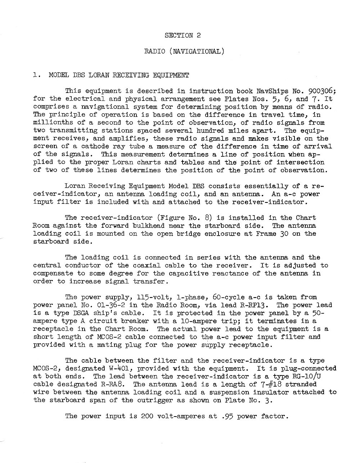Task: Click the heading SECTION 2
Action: (x=182, y=35)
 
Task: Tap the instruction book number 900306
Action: (x=321, y=91)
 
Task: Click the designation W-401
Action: (x=119, y=369)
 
